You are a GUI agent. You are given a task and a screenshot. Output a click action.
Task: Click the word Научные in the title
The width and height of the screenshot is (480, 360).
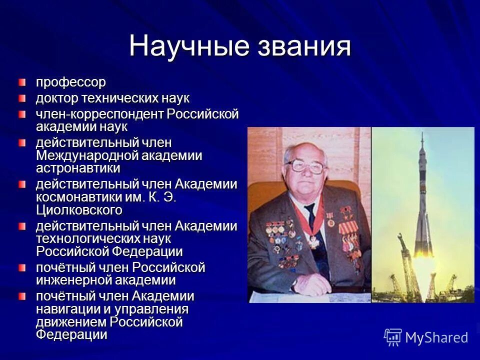click(x=189, y=46)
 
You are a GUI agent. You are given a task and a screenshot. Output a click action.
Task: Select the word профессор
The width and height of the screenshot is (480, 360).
click(x=70, y=81)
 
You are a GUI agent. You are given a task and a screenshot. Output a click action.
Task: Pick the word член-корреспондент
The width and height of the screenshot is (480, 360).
click(x=99, y=114)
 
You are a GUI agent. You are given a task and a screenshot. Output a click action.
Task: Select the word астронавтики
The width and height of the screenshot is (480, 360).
click(x=77, y=168)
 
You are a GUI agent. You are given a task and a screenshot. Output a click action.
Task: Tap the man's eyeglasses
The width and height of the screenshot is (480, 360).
click(x=304, y=167)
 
